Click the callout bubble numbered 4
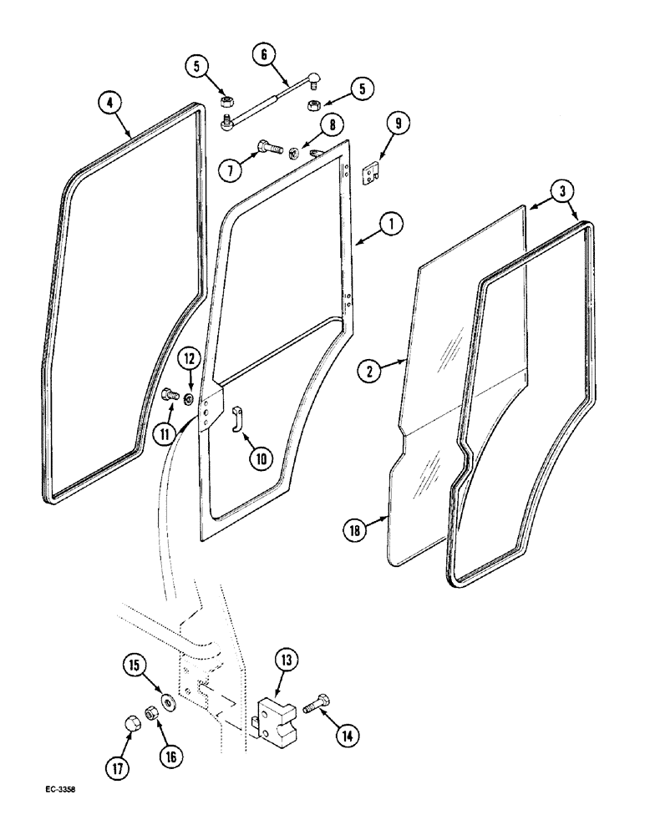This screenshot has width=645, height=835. [110, 103]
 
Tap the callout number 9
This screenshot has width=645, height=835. [398, 124]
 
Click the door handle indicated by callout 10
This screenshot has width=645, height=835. [235, 417]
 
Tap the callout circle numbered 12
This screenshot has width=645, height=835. [190, 360]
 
